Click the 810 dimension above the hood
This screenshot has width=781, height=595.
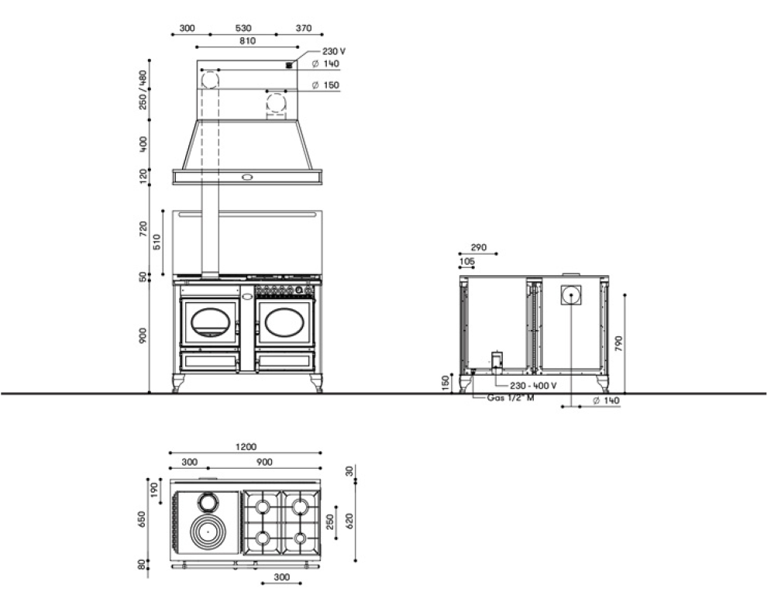pyautogui.click(x=248, y=41)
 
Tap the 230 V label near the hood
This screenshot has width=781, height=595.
pyautogui.click(x=334, y=51)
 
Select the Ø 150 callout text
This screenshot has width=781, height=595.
pyautogui.click(x=325, y=85)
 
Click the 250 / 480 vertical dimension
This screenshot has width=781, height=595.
pyautogui.click(x=143, y=90)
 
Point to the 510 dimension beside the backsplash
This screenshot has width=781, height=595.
pyautogui.click(x=157, y=242)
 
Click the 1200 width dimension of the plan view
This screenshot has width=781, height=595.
pyautogui.click(x=246, y=447)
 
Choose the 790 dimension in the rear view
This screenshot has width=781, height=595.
pyautogui.click(x=618, y=343)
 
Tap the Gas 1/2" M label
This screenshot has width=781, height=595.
pyautogui.click(x=511, y=397)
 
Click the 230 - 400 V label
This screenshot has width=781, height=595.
pyautogui.click(x=533, y=386)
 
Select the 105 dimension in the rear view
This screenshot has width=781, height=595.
pyautogui.click(x=467, y=261)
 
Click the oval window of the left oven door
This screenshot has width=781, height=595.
pyautogui.click(x=210, y=322)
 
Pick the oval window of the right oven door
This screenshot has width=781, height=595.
pyautogui.click(x=284, y=322)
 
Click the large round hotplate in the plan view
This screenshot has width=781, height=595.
pyautogui.click(x=208, y=531)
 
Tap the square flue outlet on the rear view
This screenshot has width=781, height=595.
pyautogui.click(x=571, y=294)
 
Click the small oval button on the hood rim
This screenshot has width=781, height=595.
pyautogui.click(x=248, y=177)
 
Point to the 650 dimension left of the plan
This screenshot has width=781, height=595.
pyautogui.click(x=142, y=519)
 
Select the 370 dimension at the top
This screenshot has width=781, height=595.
pyautogui.click(x=304, y=29)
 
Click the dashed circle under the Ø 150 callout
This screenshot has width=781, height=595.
pyautogui.click(x=276, y=104)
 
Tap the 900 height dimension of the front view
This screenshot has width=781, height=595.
pyautogui.click(x=143, y=335)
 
